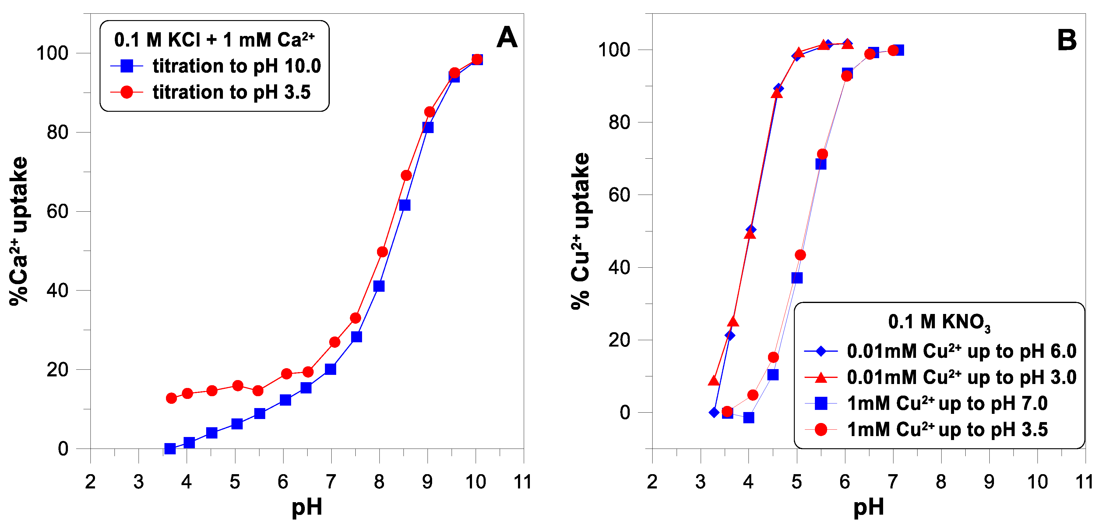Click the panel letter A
(507, 37)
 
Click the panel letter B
(1067, 41)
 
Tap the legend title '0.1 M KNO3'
(939, 322)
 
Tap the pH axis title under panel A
(306, 507)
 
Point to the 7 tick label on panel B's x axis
(893, 482)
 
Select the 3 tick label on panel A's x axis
(138, 482)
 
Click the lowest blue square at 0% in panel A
(170, 448)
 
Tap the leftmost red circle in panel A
(171, 398)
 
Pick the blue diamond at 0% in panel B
(714, 412)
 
